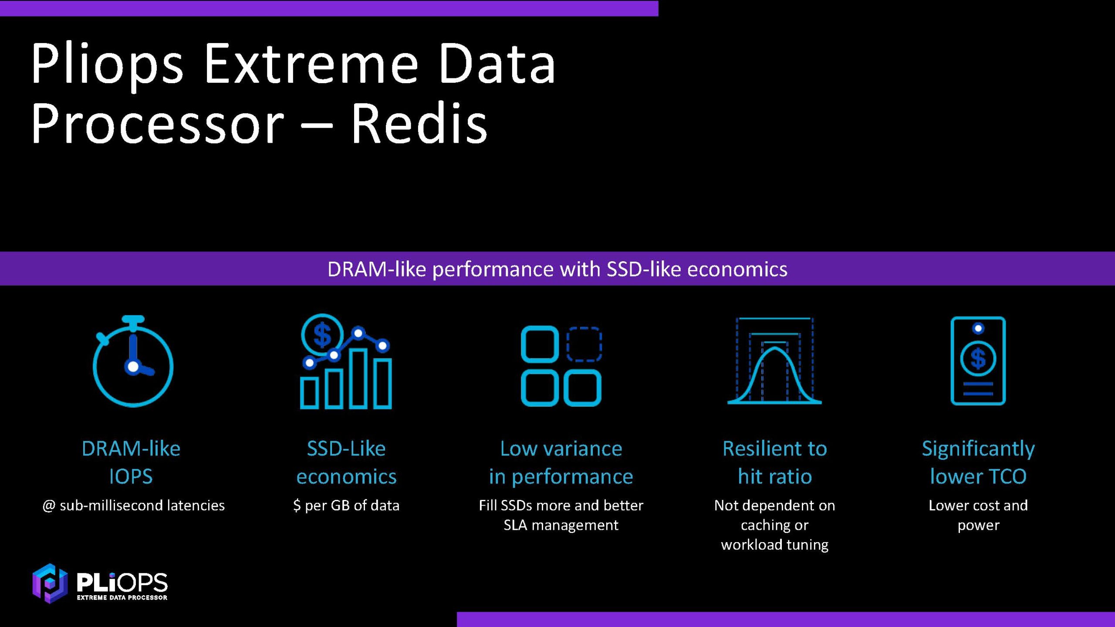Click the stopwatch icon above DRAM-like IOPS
click(133, 361)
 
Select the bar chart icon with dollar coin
click(346, 361)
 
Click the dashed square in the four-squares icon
click(584, 344)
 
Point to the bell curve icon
click(774, 361)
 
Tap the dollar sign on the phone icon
click(978, 359)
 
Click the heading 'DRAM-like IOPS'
click(131, 462)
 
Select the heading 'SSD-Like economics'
click(346, 462)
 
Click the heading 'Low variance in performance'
click(561, 462)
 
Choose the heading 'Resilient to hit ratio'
click(775, 462)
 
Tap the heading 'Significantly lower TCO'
click(978, 462)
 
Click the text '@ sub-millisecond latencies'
click(133, 505)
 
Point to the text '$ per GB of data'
click(346, 505)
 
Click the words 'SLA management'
click(561, 525)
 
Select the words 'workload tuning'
click(775, 545)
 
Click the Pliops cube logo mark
click(50, 583)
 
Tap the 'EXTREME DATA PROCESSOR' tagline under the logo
click(122, 597)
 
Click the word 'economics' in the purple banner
click(737, 269)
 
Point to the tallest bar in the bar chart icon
click(358, 378)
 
